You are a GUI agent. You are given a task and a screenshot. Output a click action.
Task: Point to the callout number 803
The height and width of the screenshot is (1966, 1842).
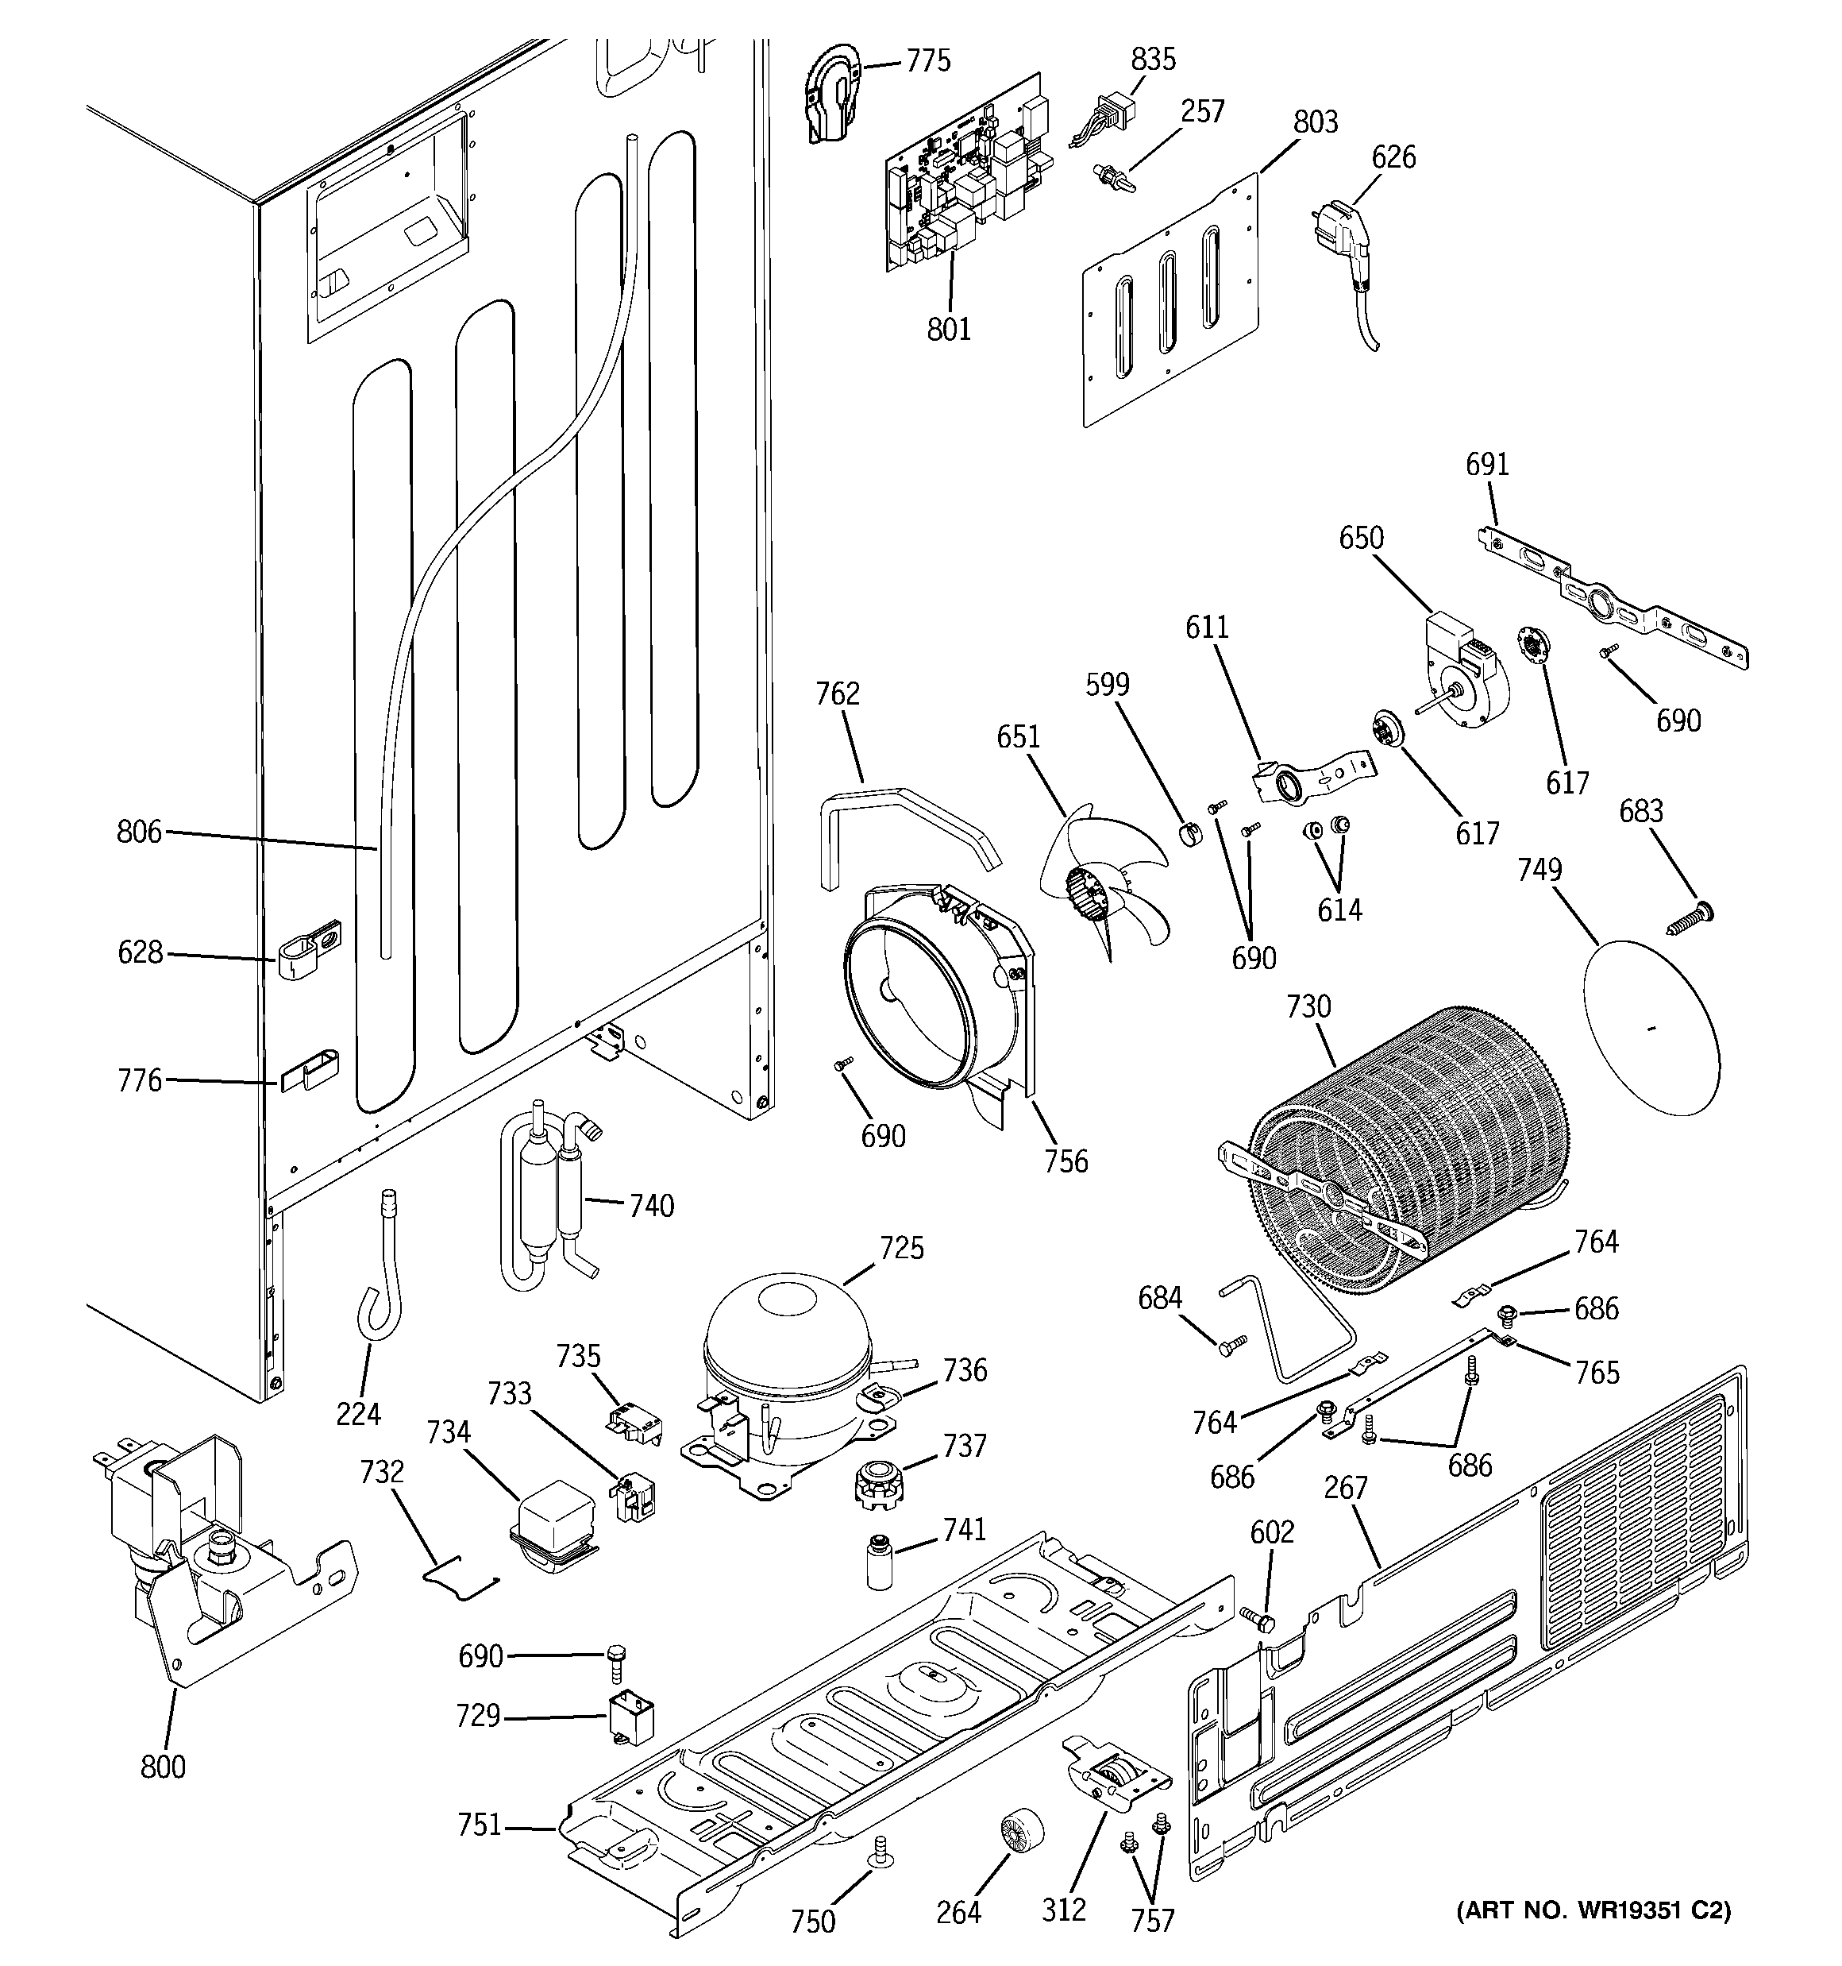tap(1315, 122)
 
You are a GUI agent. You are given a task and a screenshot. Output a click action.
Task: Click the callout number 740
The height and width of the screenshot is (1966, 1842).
tap(652, 1206)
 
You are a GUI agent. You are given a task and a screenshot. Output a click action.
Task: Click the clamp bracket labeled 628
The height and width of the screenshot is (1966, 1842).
tap(306, 948)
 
